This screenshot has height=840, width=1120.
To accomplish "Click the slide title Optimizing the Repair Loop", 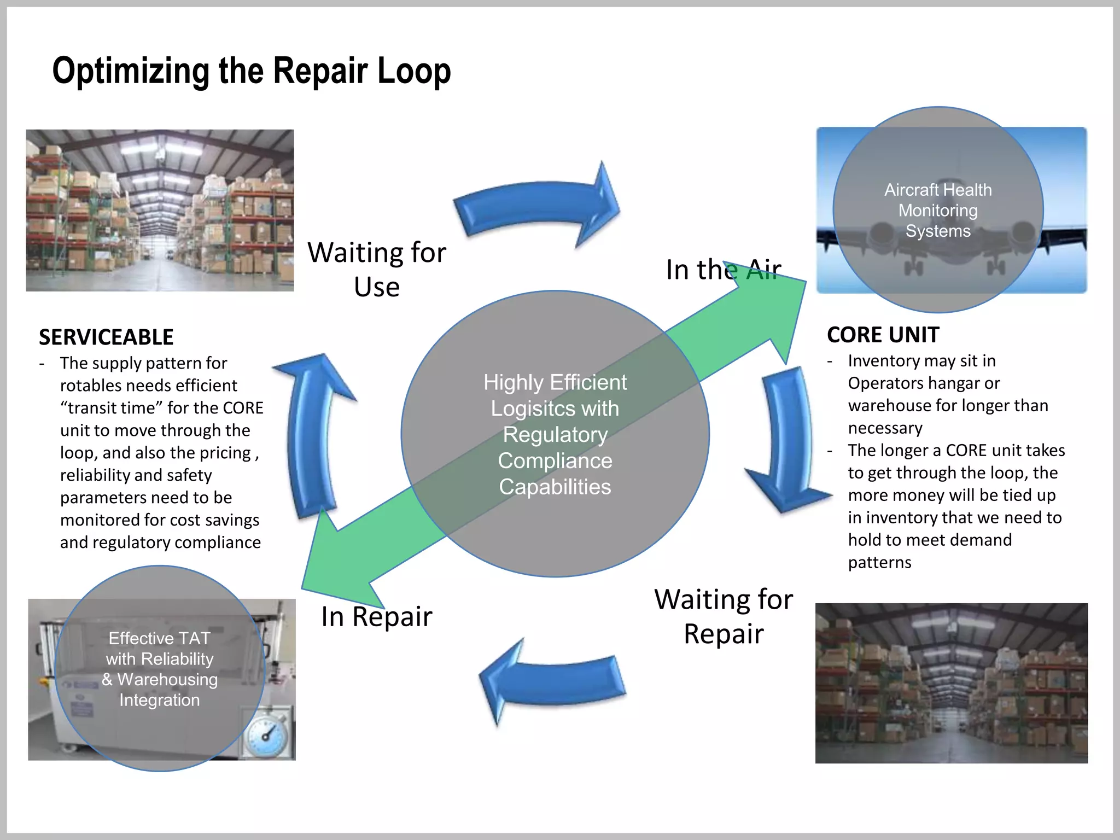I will (x=251, y=71).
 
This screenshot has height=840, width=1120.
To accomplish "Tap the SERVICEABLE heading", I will (x=106, y=337).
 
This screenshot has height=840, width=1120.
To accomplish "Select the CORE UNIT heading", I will (x=883, y=334).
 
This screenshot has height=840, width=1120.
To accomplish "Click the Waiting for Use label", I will (x=377, y=269).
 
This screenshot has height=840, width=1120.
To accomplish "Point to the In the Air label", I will (x=723, y=270).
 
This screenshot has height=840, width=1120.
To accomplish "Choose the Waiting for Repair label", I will (x=723, y=616).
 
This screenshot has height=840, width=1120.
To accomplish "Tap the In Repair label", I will (x=376, y=616).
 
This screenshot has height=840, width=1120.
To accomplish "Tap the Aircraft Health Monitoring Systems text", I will (x=938, y=211).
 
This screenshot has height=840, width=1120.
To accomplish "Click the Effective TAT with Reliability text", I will (x=160, y=649).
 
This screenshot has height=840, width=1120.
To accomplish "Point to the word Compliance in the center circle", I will (x=555, y=460).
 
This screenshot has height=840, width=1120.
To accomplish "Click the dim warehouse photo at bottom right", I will (x=951, y=683).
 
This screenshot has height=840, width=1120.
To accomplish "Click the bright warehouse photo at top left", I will (x=160, y=210).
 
